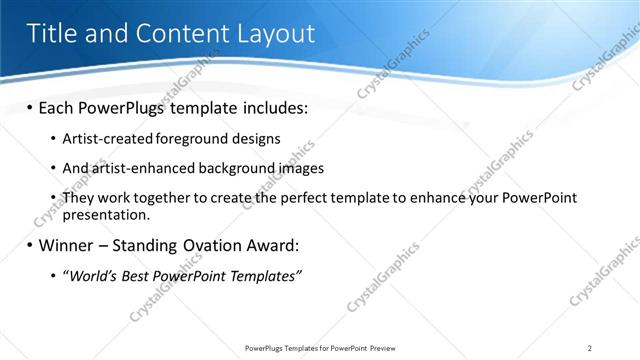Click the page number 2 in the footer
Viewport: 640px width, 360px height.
pos(590,348)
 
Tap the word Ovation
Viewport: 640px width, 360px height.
pos(222,245)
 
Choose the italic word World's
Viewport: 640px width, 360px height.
pos(90,275)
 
